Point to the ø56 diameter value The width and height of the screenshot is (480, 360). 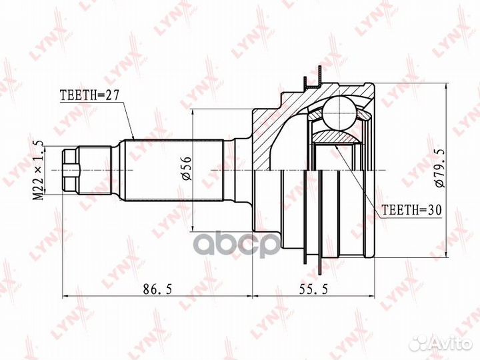click(186, 166)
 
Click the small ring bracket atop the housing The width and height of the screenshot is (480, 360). click(312, 84)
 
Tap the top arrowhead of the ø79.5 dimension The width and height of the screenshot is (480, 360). click(445, 87)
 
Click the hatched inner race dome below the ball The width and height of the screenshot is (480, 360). click(337, 137)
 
